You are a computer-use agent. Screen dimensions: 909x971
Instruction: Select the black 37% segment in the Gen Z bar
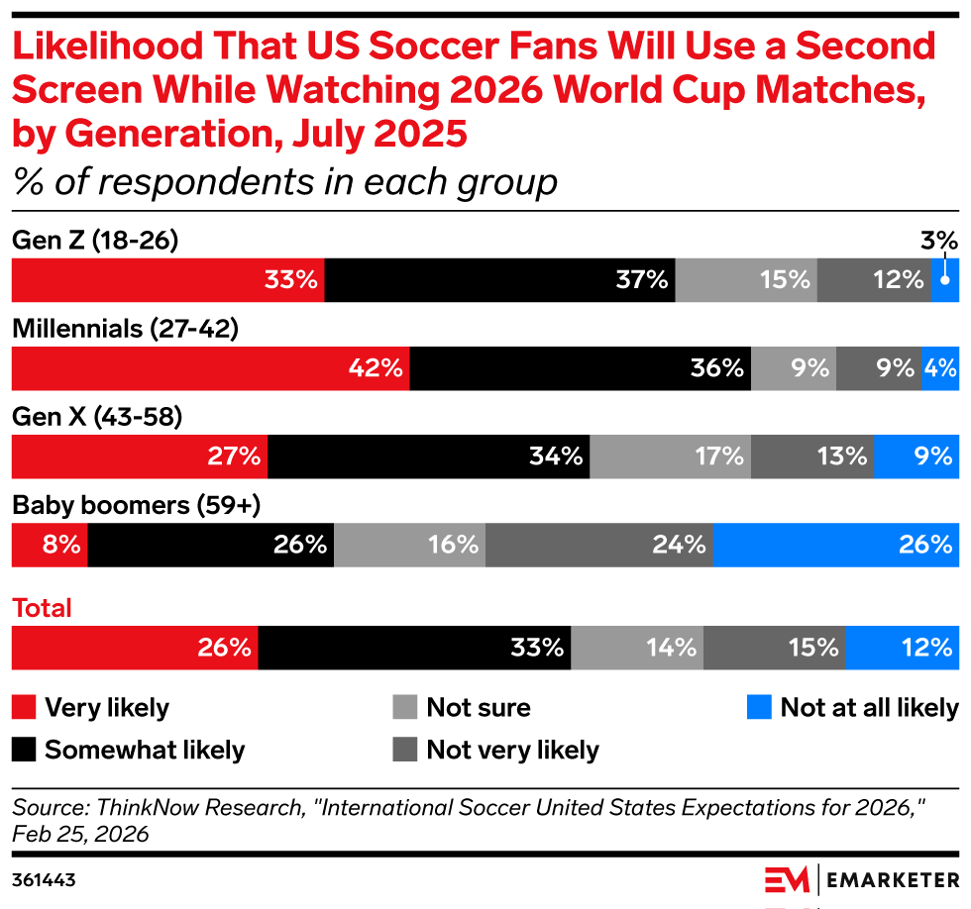coord(499,280)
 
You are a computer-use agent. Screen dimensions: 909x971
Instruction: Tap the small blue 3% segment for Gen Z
coord(945,280)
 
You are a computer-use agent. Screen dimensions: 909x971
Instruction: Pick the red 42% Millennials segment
coord(209,368)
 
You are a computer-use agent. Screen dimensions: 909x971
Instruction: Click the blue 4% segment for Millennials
coord(940,368)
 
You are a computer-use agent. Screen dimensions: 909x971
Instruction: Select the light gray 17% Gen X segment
coord(670,456)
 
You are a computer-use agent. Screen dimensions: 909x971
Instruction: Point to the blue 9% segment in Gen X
coord(917,456)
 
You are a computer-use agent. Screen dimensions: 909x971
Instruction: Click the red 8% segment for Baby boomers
coord(50,545)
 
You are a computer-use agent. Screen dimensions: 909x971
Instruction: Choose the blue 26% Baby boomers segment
coord(835,545)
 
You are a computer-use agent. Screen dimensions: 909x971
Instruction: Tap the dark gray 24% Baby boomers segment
coord(598,545)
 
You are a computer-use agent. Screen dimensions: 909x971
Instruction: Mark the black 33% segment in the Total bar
coord(414,649)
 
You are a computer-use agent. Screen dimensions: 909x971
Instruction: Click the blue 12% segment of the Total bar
coord(902,649)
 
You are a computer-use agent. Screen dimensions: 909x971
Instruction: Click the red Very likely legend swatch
coord(24,708)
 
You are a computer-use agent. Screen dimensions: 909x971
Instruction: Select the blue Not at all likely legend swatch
coord(758,708)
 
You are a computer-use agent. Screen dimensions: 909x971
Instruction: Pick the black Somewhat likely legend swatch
coord(24,750)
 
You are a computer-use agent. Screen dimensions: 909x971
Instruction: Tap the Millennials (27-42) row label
coord(125,330)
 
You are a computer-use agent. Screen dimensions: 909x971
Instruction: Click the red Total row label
coord(42,608)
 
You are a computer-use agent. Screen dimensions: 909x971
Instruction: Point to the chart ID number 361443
coord(44,879)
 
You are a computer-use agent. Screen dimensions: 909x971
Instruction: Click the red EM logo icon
coord(787,879)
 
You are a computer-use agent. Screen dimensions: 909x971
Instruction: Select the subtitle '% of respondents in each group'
coord(285,182)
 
